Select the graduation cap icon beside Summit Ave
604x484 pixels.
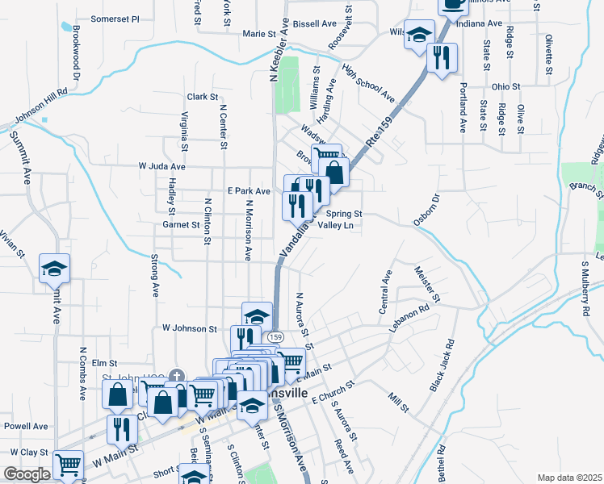point(54,269)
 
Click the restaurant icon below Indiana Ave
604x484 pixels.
point(442,57)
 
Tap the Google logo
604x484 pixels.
point(27,474)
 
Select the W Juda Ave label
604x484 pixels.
point(161,166)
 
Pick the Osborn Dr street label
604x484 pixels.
point(426,208)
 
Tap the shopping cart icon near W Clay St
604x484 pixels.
point(68,465)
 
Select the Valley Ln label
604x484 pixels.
point(336,226)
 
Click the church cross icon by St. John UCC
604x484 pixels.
point(176,376)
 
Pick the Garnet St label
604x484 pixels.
point(180,225)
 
